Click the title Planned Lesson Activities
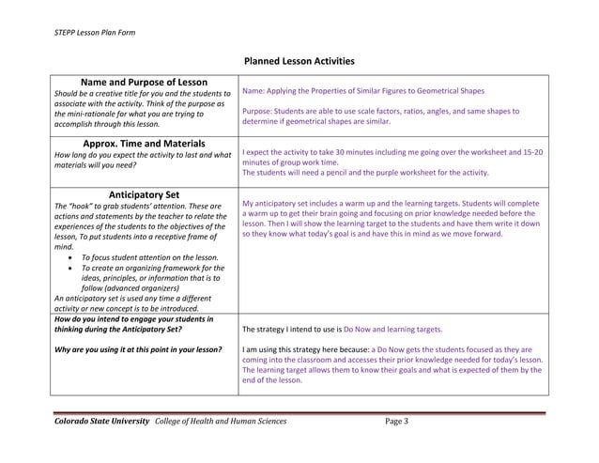299,62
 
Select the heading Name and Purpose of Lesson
138,83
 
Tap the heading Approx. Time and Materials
138,144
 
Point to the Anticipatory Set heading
138,195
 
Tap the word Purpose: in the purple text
260,111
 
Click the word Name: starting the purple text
254,92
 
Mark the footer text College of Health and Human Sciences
221,421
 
